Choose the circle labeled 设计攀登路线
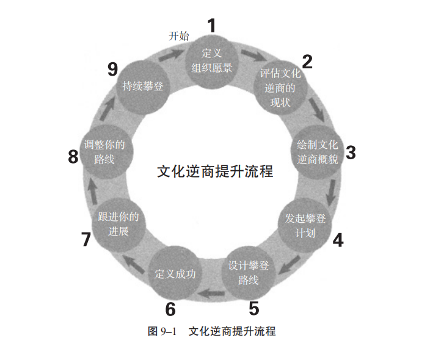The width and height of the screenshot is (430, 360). (x=248, y=273)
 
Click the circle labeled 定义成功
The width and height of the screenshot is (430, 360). (x=175, y=273)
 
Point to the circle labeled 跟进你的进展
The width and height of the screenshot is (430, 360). (x=119, y=225)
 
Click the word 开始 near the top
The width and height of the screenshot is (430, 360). (x=179, y=36)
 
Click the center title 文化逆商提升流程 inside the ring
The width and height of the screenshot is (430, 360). (x=215, y=171)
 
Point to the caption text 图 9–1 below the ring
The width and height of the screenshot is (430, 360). (x=162, y=331)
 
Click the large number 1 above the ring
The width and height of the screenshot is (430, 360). (x=212, y=26)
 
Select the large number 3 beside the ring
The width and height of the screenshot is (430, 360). (x=350, y=153)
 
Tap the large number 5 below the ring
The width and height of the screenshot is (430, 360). (x=254, y=308)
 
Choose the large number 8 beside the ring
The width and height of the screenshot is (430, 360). (x=73, y=157)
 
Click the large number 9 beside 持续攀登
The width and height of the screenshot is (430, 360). (x=112, y=69)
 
